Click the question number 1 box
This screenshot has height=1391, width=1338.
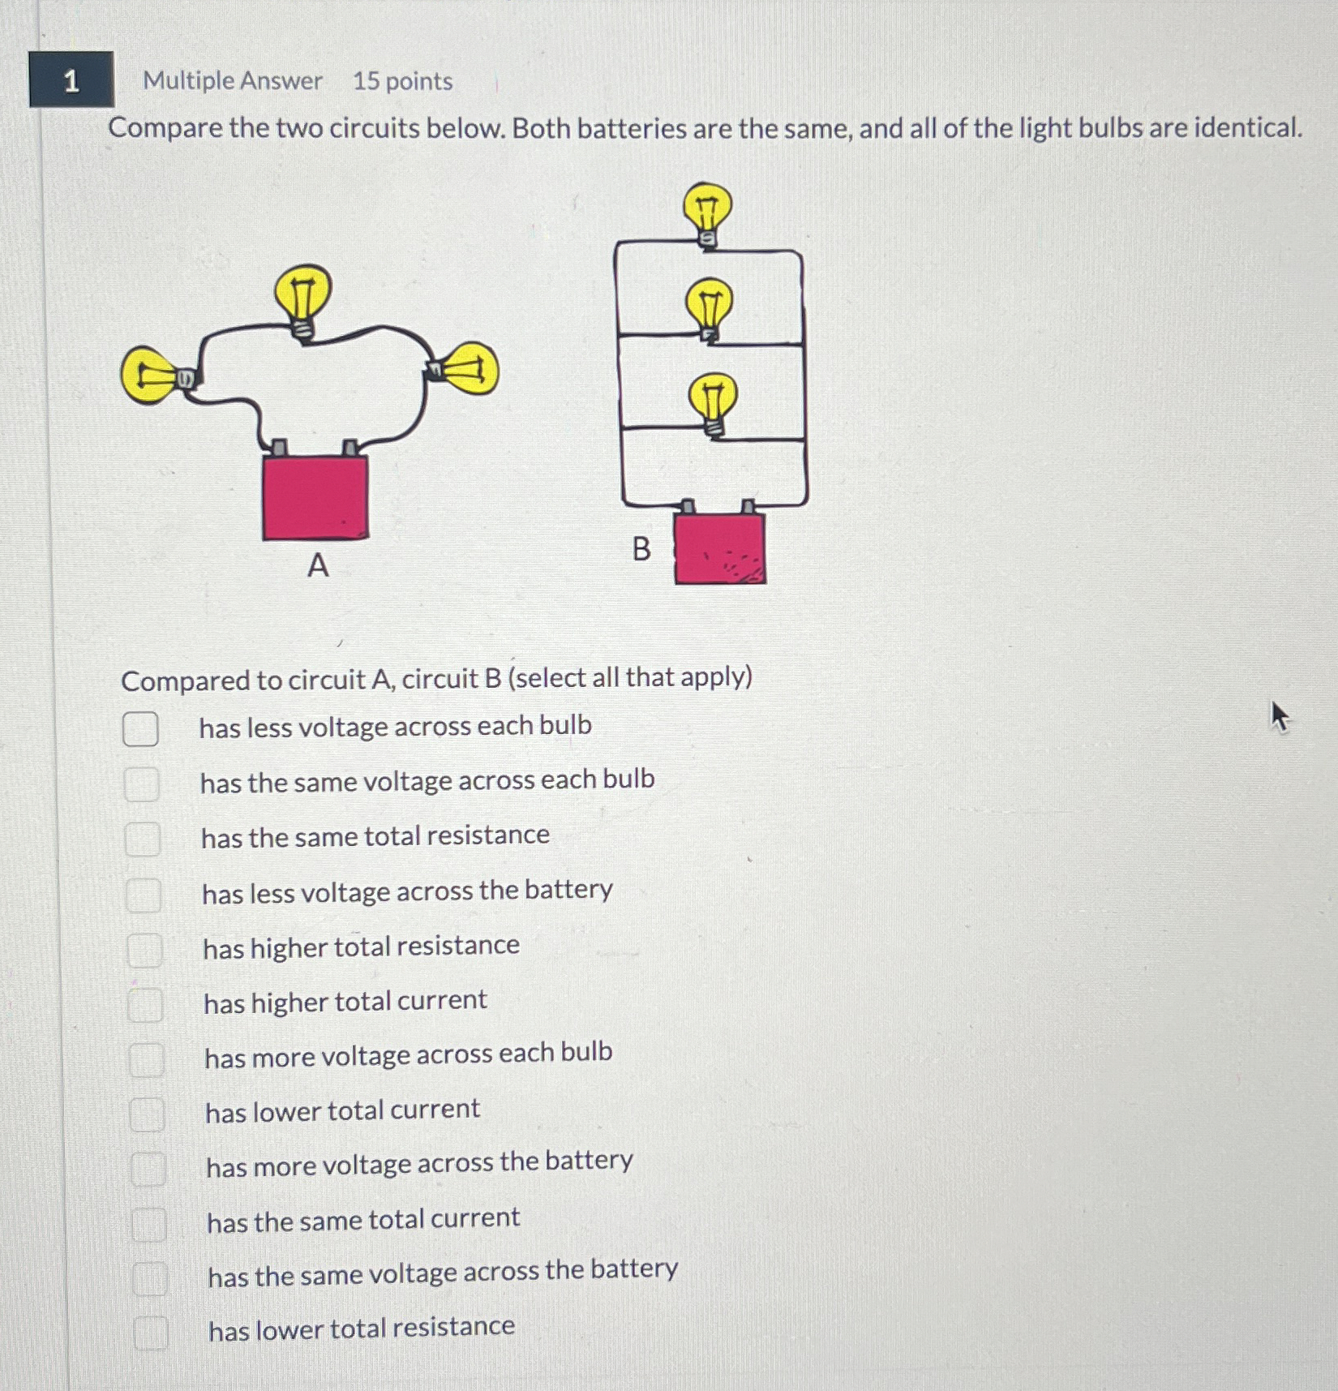point(71,79)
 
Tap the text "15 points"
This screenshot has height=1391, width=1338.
point(402,81)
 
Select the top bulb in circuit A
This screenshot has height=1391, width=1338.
point(302,301)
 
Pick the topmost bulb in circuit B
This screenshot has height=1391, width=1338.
point(707,213)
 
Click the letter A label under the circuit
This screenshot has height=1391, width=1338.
point(318,565)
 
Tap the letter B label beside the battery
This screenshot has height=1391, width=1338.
point(641,549)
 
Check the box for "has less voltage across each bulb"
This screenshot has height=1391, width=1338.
point(140,728)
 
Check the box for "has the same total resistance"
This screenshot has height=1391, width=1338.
point(142,839)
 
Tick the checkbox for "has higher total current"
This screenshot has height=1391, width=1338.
point(145,1005)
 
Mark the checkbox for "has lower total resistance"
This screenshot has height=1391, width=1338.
point(151,1332)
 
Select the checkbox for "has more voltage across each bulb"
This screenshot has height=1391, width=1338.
point(147,1059)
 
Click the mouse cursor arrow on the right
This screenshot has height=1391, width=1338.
point(1280,717)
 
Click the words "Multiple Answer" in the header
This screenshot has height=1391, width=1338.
point(233,80)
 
